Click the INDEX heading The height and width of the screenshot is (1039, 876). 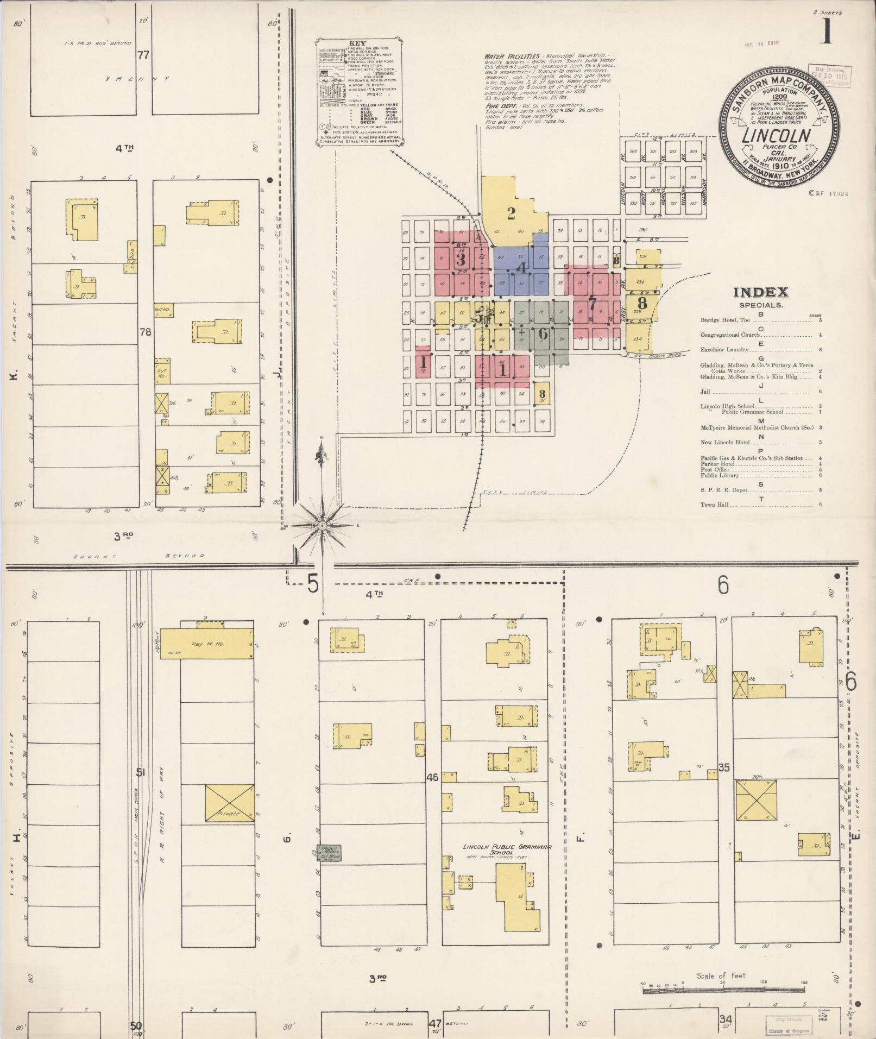click(x=760, y=293)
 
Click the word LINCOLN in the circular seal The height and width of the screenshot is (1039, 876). click(x=777, y=135)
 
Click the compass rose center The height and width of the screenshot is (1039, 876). click(x=322, y=526)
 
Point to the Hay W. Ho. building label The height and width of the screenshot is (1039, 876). click(x=204, y=644)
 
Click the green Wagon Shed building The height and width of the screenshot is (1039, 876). click(x=329, y=867)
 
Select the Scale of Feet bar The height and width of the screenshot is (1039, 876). click(x=722, y=991)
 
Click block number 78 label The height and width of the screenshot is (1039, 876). click(x=145, y=332)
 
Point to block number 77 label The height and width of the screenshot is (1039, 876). click(x=143, y=55)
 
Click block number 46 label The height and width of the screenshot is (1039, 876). click(x=432, y=777)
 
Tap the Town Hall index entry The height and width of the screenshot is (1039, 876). click(x=715, y=505)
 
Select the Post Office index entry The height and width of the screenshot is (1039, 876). click(x=715, y=469)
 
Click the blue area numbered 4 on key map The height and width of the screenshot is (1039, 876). click(x=521, y=267)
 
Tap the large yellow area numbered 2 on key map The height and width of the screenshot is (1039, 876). click(x=511, y=213)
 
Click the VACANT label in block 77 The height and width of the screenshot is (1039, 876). click(x=137, y=78)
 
